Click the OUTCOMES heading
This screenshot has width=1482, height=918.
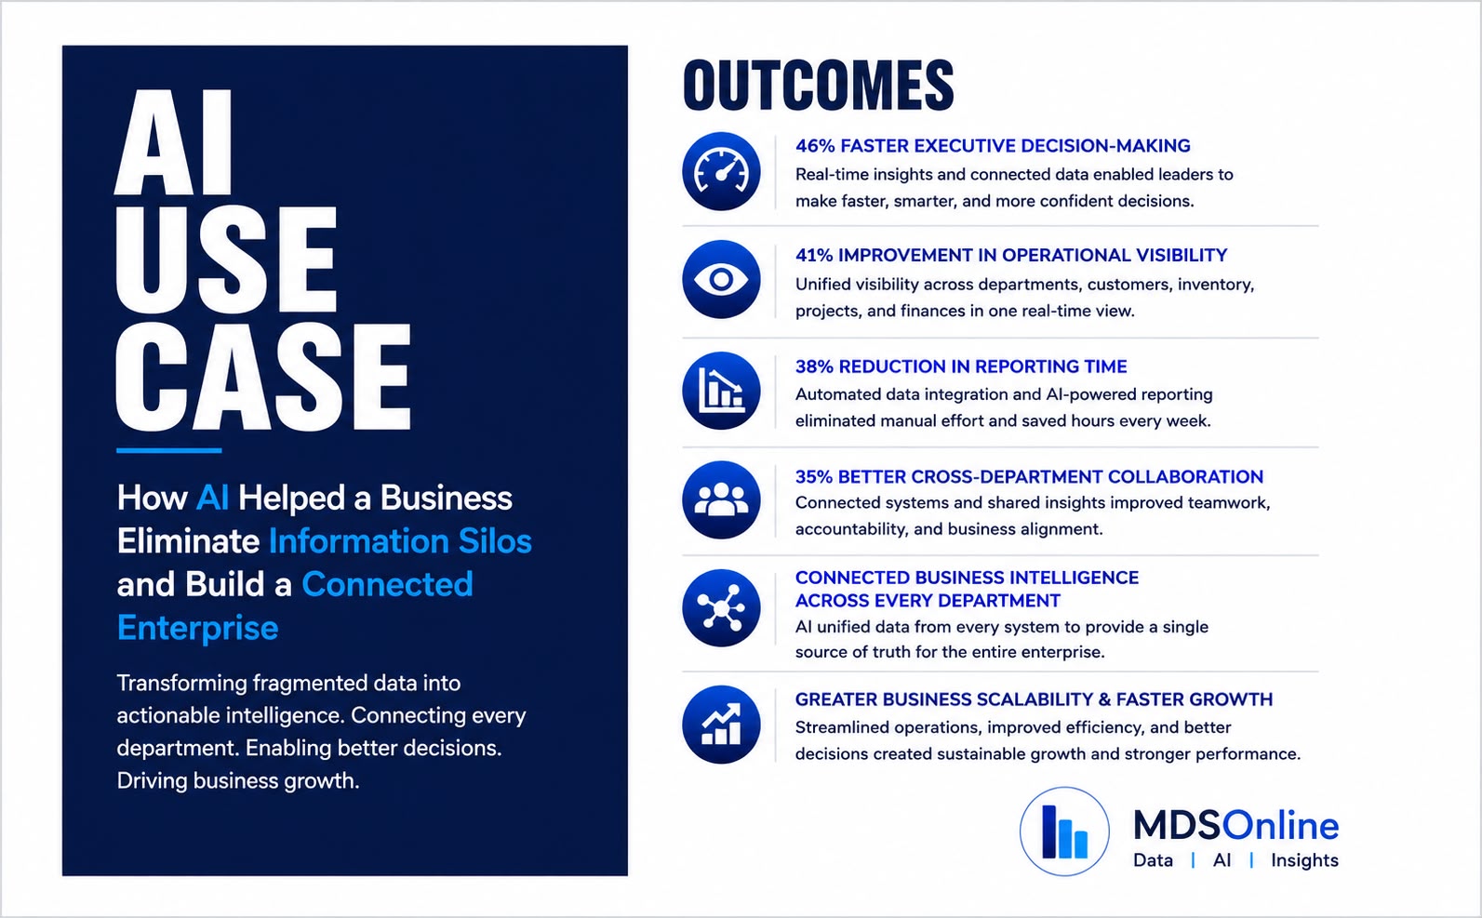click(819, 86)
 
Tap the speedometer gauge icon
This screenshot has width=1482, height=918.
click(721, 171)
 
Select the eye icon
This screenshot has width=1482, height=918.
click(721, 279)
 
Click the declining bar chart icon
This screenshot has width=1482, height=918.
click(721, 391)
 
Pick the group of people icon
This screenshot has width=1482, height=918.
click(721, 499)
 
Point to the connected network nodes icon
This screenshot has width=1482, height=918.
click(721, 607)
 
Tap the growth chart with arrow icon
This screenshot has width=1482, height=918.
click(721, 725)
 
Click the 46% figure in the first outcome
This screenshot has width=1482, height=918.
click(815, 145)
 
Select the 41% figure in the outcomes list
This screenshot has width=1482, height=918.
click(814, 255)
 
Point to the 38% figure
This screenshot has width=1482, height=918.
click(814, 366)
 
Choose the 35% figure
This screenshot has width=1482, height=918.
click(814, 477)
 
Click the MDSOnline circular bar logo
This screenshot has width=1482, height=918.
click(1064, 832)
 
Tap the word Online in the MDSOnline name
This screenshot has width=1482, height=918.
click(1280, 825)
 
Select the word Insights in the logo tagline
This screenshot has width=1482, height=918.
click(1304, 859)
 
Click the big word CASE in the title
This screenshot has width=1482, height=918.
click(263, 378)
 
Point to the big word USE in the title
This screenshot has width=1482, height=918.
click(226, 259)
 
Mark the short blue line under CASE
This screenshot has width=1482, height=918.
click(168, 450)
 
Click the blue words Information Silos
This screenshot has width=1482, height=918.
click(400, 541)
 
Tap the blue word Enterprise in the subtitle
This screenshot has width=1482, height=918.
click(198, 628)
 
